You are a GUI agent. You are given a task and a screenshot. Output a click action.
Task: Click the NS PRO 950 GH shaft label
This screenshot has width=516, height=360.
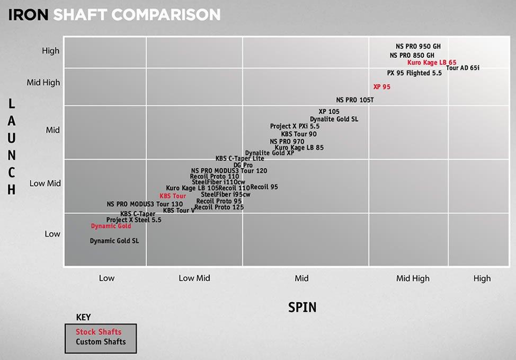(x=418, y=46)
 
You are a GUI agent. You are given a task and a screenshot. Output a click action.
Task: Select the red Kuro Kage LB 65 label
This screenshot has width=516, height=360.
(x=432, y=63)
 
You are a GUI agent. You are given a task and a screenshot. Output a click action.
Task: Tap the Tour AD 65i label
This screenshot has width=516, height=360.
(x=462, y=68)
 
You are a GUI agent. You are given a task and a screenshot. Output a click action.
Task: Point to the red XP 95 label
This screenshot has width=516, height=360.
(x=381, y=87)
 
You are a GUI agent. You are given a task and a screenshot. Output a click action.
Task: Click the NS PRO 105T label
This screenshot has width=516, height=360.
(x=355, y=100)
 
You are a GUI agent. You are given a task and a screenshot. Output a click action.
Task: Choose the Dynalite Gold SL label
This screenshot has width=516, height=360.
(x=334, y=119)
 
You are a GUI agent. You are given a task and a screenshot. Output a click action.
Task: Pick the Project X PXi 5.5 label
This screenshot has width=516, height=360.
(x=295, y=127)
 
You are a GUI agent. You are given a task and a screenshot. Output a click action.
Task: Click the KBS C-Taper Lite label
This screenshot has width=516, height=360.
(x=239, y=159)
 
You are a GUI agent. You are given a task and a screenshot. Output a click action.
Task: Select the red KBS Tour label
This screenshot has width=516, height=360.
(x=173, y=196)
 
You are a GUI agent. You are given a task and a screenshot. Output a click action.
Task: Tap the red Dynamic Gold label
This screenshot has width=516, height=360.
(x=111, y=226)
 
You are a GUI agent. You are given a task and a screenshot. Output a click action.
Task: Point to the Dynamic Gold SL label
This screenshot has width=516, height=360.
(x=114, y=241)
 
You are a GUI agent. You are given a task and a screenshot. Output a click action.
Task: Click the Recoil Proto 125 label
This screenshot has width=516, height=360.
(x=219, y=207)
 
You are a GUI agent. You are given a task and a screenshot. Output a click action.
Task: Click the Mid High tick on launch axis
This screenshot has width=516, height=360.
(x=43, y=83)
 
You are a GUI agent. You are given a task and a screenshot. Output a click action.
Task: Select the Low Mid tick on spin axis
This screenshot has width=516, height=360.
(x=194, y=278)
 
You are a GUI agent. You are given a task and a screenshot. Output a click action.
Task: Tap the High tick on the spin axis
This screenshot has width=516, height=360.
(x=482, y=278)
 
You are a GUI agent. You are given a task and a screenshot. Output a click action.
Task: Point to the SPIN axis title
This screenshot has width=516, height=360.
(x=303, y=307)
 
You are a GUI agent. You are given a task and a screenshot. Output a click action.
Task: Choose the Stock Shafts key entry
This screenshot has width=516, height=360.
(x=99, y=332)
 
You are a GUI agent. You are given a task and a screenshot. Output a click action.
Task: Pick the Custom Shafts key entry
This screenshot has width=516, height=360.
(x=101, y=342)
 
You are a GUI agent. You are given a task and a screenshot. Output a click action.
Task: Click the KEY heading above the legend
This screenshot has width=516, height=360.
(x=83, y=318)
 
